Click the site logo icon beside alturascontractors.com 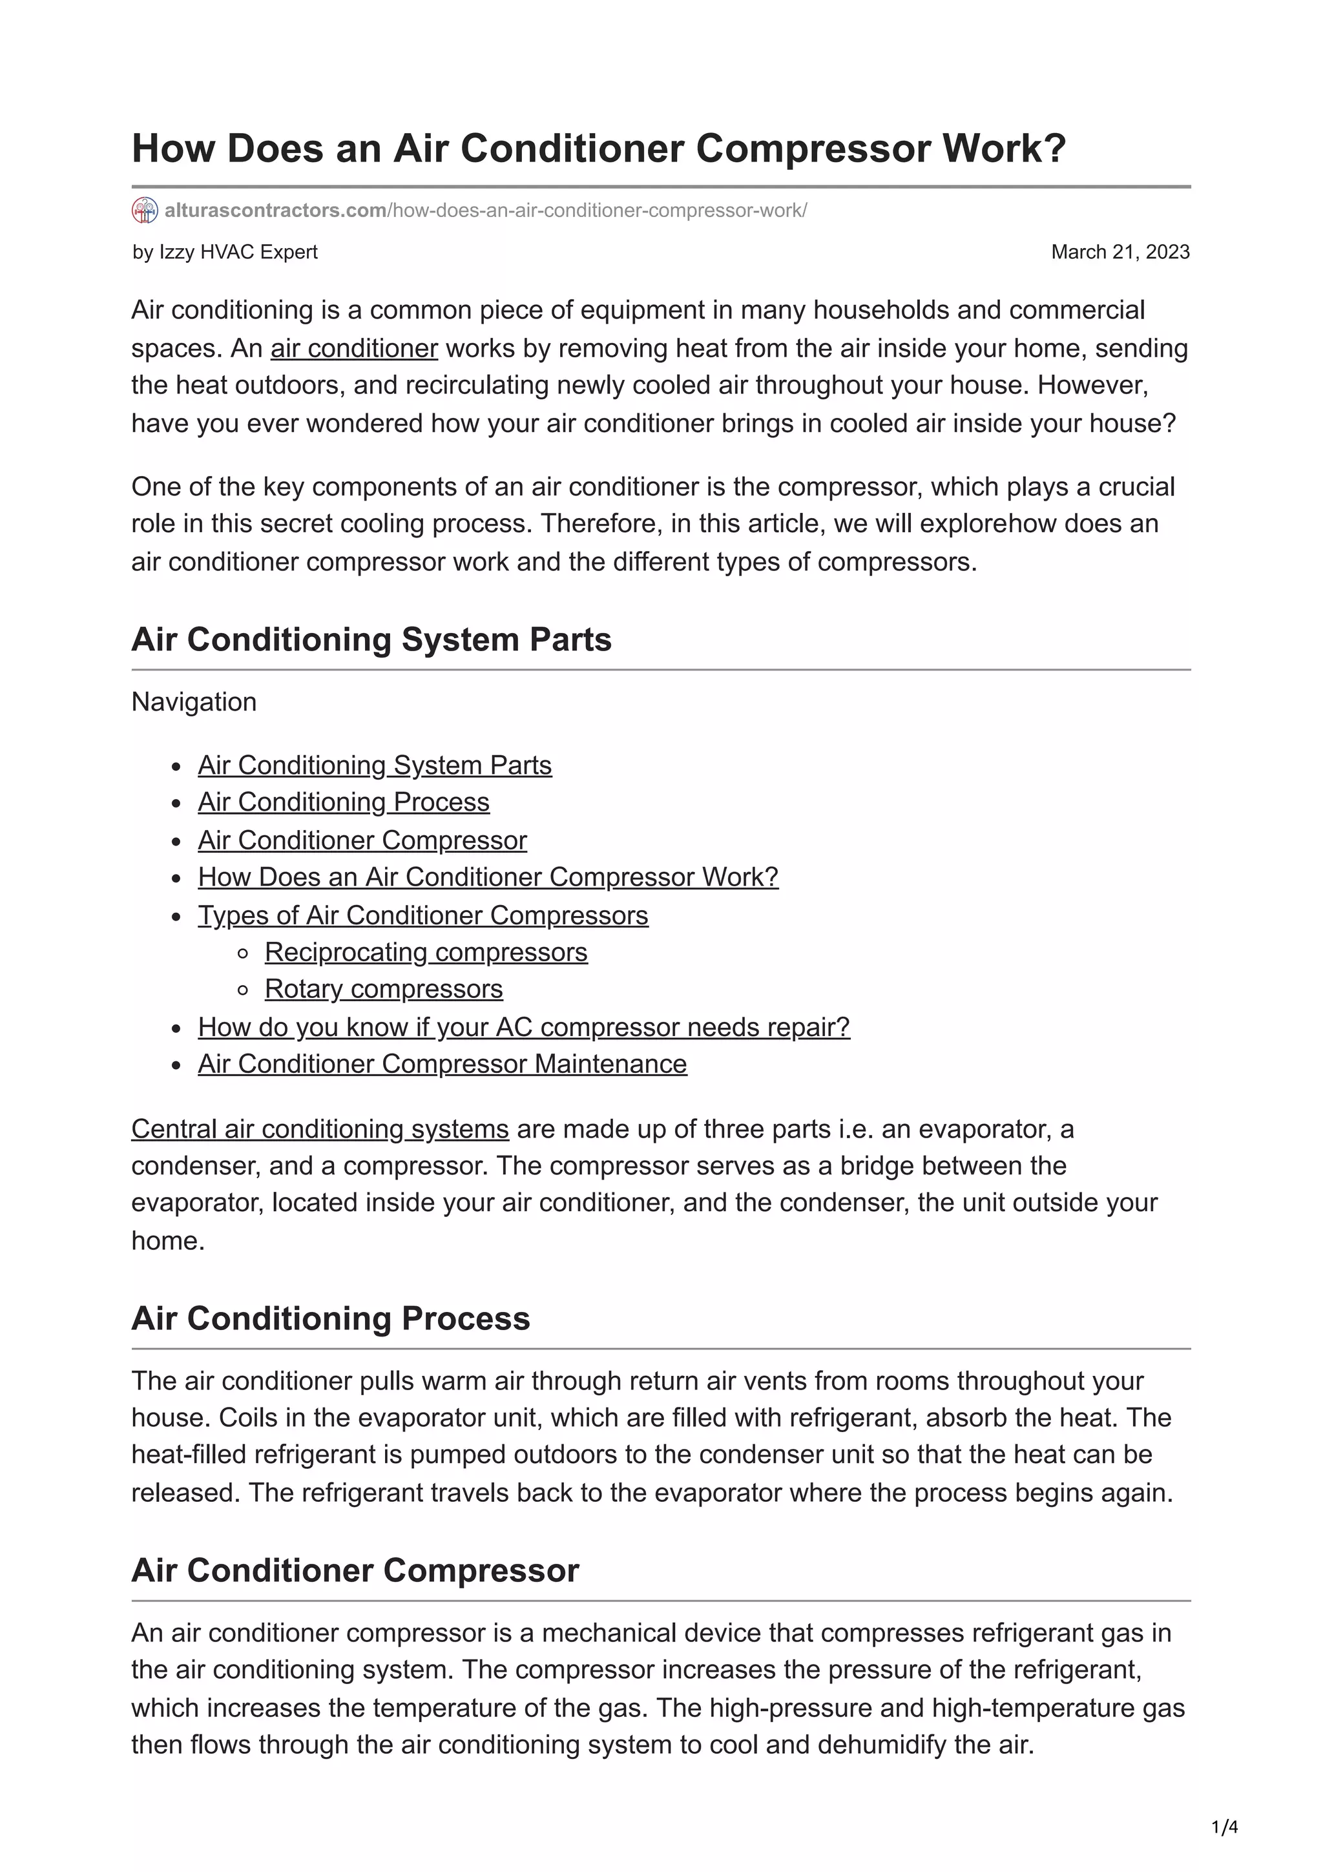(144, 211)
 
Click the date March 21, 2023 (1120, 252)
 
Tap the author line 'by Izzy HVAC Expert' (225, 252)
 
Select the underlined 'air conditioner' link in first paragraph (354, 348)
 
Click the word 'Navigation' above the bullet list (194, 702)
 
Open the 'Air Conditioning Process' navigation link (343, 802)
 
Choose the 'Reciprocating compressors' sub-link (426, 952)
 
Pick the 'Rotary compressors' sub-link (383, 989)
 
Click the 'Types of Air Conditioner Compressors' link (422, 915)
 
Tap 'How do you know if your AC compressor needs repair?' (523, 1027)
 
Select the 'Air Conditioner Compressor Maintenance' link (442, 1064)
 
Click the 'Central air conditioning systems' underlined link (320, 1129)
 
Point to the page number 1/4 (1224, 1827)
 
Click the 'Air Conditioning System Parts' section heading (371, 640)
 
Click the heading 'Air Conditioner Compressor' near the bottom (355, 1571)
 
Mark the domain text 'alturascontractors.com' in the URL (275, 211)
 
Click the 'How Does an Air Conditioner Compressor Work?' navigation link (488, 877)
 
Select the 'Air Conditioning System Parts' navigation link (374, 765)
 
